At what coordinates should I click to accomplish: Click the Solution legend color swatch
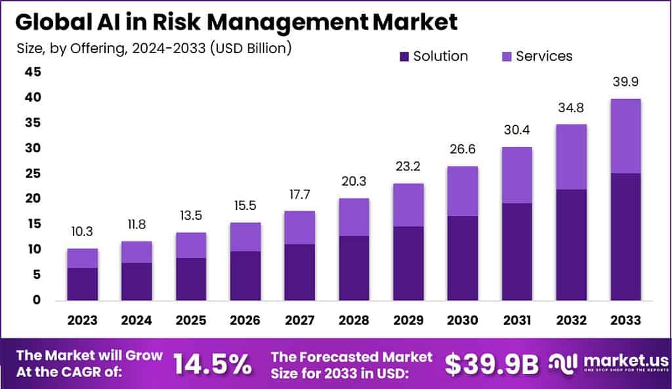point(403,56)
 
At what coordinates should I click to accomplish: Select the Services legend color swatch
point(505,56)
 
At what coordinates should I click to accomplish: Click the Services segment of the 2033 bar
point(625,136)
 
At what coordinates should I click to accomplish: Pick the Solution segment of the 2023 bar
point(82,283)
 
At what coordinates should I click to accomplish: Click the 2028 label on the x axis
point(354,320)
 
